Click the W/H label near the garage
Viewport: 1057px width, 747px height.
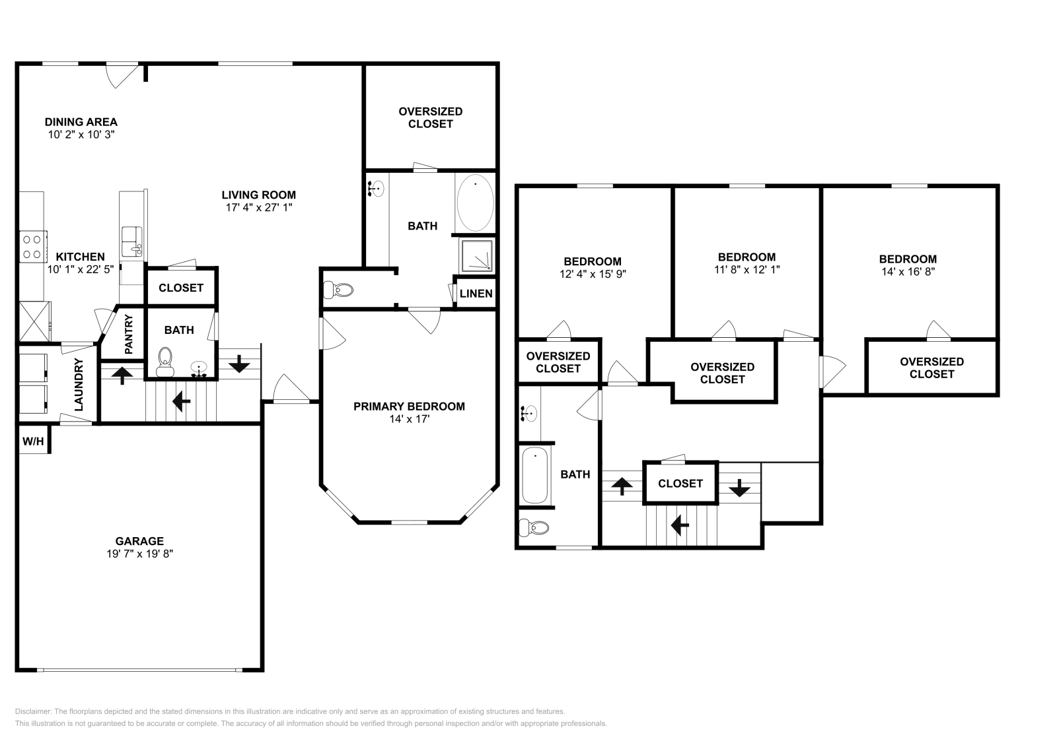coord(32,441)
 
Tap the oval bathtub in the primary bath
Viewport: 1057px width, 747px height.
coord(474,203)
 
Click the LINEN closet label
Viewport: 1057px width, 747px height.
coord(476,293)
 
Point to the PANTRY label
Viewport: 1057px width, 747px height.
coord(129,335)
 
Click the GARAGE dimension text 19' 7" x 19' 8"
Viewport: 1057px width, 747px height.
coord(139,554)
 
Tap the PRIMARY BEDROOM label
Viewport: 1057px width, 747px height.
coord(409,406)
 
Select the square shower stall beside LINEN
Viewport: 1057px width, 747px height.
coord(476,255)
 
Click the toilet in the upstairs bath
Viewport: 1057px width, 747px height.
coord(534,528)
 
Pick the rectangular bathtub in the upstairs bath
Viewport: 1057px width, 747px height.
coord(534,475)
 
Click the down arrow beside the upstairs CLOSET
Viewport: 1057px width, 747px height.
coord(739,488)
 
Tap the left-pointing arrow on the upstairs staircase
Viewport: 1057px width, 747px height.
coord(680,525)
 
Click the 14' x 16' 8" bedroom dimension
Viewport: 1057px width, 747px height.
coord(907,271)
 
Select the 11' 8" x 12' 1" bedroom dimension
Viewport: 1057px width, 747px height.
coord(747,269)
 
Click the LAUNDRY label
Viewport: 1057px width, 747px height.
coord(79,385)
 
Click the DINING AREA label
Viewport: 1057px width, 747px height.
coord(81,121)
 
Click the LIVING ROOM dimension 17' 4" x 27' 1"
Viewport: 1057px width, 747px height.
coord(258,207)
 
